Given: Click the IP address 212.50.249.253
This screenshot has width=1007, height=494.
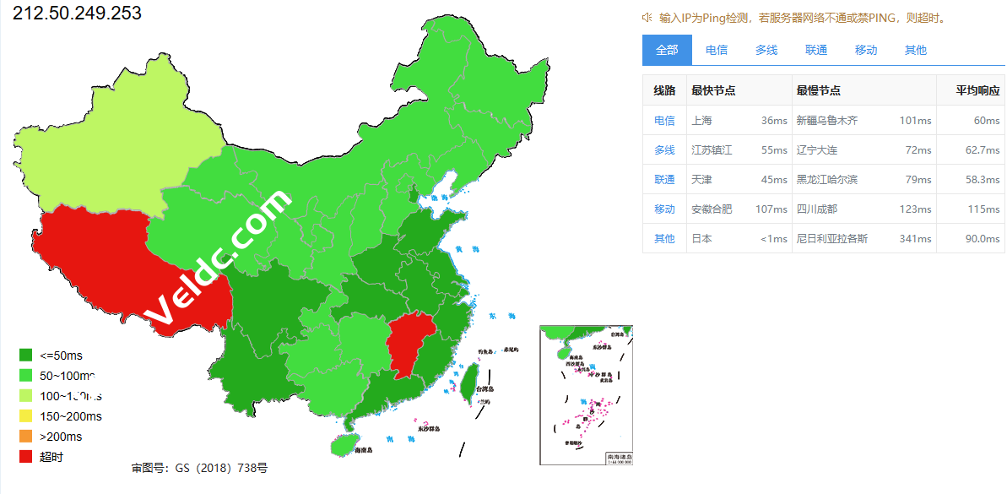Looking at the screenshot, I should tap(78, 14).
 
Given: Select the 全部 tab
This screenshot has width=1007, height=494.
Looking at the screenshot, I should tap(667, 50).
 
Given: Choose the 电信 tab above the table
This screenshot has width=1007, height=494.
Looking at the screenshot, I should tap(717, 50).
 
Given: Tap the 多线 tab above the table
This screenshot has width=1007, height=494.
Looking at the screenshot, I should tap(766, 50).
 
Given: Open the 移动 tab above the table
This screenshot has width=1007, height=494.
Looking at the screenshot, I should tap(866, 50).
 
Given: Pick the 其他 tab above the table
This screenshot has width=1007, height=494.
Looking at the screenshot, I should tap(916, 50).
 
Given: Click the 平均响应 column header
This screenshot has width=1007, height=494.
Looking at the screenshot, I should tap(977, 90).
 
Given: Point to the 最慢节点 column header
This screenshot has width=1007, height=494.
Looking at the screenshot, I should tap(818, 90).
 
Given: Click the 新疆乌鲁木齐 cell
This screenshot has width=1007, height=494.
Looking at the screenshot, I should tap(826, 120).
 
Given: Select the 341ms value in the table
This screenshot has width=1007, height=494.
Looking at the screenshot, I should tap(915, 238).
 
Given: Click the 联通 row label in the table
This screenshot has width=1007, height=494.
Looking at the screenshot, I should tap(664, 179).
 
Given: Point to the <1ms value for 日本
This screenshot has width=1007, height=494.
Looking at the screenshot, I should tap(773, 238).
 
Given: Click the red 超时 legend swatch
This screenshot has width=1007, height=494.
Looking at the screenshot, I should tap(25, 457).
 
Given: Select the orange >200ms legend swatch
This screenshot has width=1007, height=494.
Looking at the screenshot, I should tap(25, 437).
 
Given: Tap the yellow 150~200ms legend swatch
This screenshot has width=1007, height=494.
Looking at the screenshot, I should tap(25, 416).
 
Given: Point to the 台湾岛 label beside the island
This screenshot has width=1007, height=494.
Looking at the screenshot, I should tap(483, 389).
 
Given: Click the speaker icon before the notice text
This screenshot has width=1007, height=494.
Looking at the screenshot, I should tap(647, 17).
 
